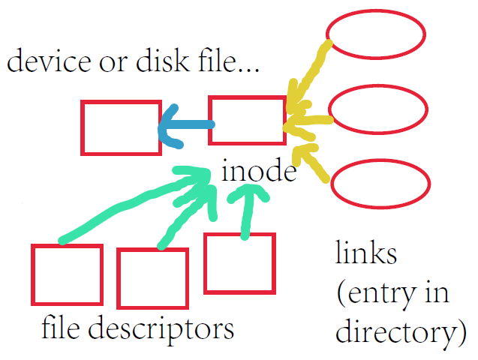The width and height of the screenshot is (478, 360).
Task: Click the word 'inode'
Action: pyautogui.click(x=259, y=172)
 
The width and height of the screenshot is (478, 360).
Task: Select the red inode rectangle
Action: pyautogui.click(x=247, y=120)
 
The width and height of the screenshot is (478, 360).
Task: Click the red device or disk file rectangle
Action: pyautogui.click(x=121, y=127)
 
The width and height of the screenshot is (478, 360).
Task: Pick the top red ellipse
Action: pyautogui.click(x=376, y=34)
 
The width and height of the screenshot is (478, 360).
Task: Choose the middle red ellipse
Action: pyautogui.click(x=378, y=111)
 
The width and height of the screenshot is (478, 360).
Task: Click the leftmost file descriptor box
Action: pyautogui.click(x=67, y=274)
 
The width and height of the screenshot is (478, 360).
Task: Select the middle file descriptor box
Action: pyautogui.click(x=152, y=278)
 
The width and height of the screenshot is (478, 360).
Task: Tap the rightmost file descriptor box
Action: pyautogui.click(x=239, y=262)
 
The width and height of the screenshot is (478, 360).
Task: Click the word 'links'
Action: pyautogui.click(x=365, y=253)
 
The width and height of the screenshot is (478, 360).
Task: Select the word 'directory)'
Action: pyautogui.click(x=396, y=332)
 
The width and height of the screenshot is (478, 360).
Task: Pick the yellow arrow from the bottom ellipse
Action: pyautogui.click(x=311, y=165)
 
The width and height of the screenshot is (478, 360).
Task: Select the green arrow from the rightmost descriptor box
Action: pyautogui.click(x=245, y=210)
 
